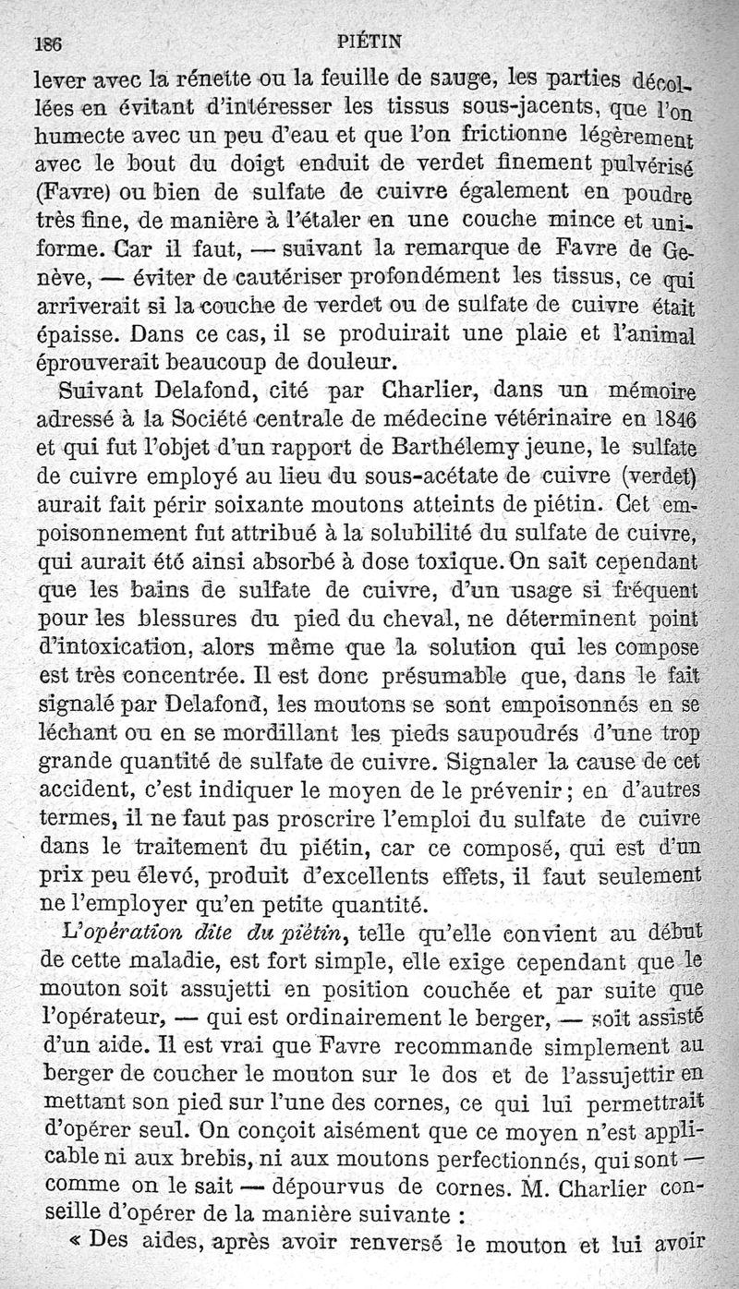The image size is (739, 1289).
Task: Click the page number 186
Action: (x=47, y=42)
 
